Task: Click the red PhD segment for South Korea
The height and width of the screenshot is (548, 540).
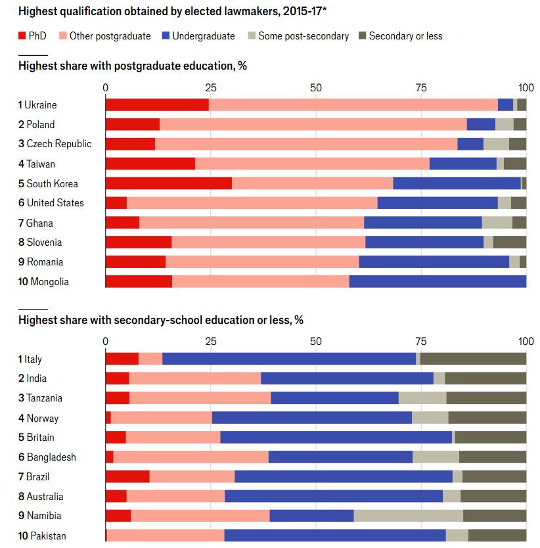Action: (x=168, y=183)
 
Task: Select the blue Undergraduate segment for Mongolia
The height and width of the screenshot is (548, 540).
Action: (x=438, y=282)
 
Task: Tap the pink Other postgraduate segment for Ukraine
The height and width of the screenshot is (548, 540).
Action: (x=353, y=104)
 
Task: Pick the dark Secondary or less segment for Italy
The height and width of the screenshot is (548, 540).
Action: (x=473, y=359)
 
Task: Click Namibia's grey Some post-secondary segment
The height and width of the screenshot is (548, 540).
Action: (x=408, y=516)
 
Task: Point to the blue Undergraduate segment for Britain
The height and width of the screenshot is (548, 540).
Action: (x=336, y=438)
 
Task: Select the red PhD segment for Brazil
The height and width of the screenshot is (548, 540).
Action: (x=127, y=476)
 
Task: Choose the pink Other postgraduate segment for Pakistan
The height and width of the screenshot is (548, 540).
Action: (x=166, y=536)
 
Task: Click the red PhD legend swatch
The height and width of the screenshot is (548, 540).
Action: (x=22, y=36)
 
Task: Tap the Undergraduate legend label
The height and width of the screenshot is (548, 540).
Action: (x=203, y=36)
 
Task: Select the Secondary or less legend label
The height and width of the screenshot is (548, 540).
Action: (x=405, y=36)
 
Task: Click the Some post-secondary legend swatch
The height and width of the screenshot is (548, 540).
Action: (x=251, y=36)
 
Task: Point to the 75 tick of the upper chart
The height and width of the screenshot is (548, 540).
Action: (x=421, y=87)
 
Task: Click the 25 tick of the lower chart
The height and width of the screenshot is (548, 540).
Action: (x=211, y=342)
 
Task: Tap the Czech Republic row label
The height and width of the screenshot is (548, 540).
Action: (x=55, y=144)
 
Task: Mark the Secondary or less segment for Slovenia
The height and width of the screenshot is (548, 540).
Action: (x=509, y=242)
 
